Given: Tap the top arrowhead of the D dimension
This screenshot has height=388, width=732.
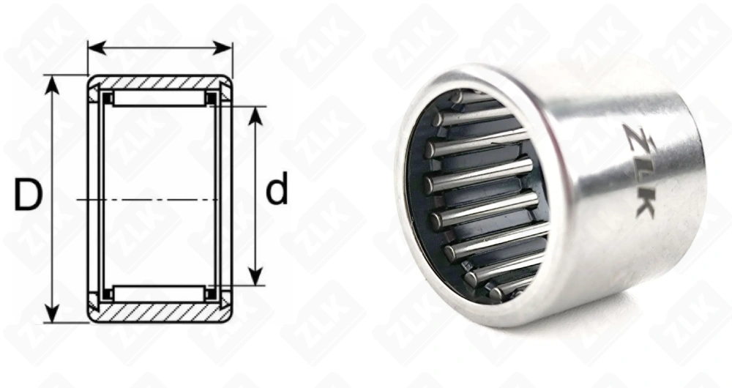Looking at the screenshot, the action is click(x=53, y=84).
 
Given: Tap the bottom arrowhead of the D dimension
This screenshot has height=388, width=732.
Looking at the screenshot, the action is click(x=53, y=313).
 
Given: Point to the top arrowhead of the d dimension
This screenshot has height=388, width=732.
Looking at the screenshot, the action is click(x=255, y=116).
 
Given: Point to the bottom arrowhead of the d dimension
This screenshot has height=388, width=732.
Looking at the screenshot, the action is click(x=255, y=276).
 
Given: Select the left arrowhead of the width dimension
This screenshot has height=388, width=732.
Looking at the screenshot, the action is click(x=97, y=48).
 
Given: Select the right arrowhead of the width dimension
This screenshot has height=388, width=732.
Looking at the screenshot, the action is click(x=223, y=48).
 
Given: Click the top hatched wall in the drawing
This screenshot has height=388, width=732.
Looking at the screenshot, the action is click(x=160, y=83).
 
